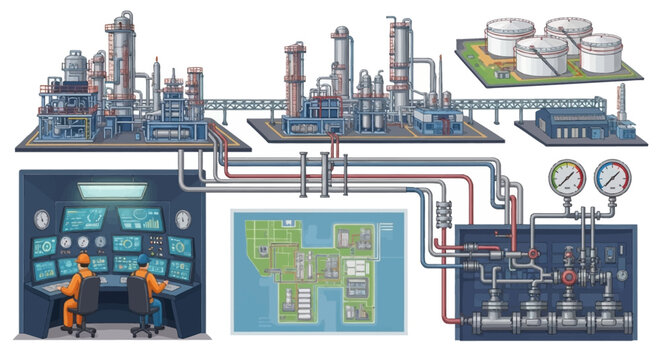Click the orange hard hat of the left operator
(83, 259)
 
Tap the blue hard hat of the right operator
(143, 259)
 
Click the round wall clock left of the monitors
(41, 219)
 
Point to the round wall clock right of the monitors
(183, 219)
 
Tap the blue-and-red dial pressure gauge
(611, 179)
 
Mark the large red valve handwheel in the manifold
(569, 276)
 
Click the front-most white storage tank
(541, 56)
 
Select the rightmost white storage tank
(601, 52)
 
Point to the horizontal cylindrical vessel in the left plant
(171, 130)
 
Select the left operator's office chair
(84, 303)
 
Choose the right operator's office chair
(144, 303)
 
